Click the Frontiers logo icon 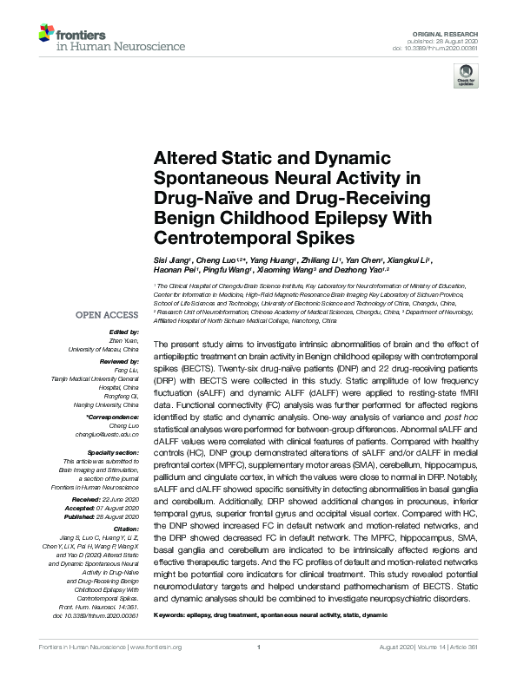(x=46, y=33)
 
